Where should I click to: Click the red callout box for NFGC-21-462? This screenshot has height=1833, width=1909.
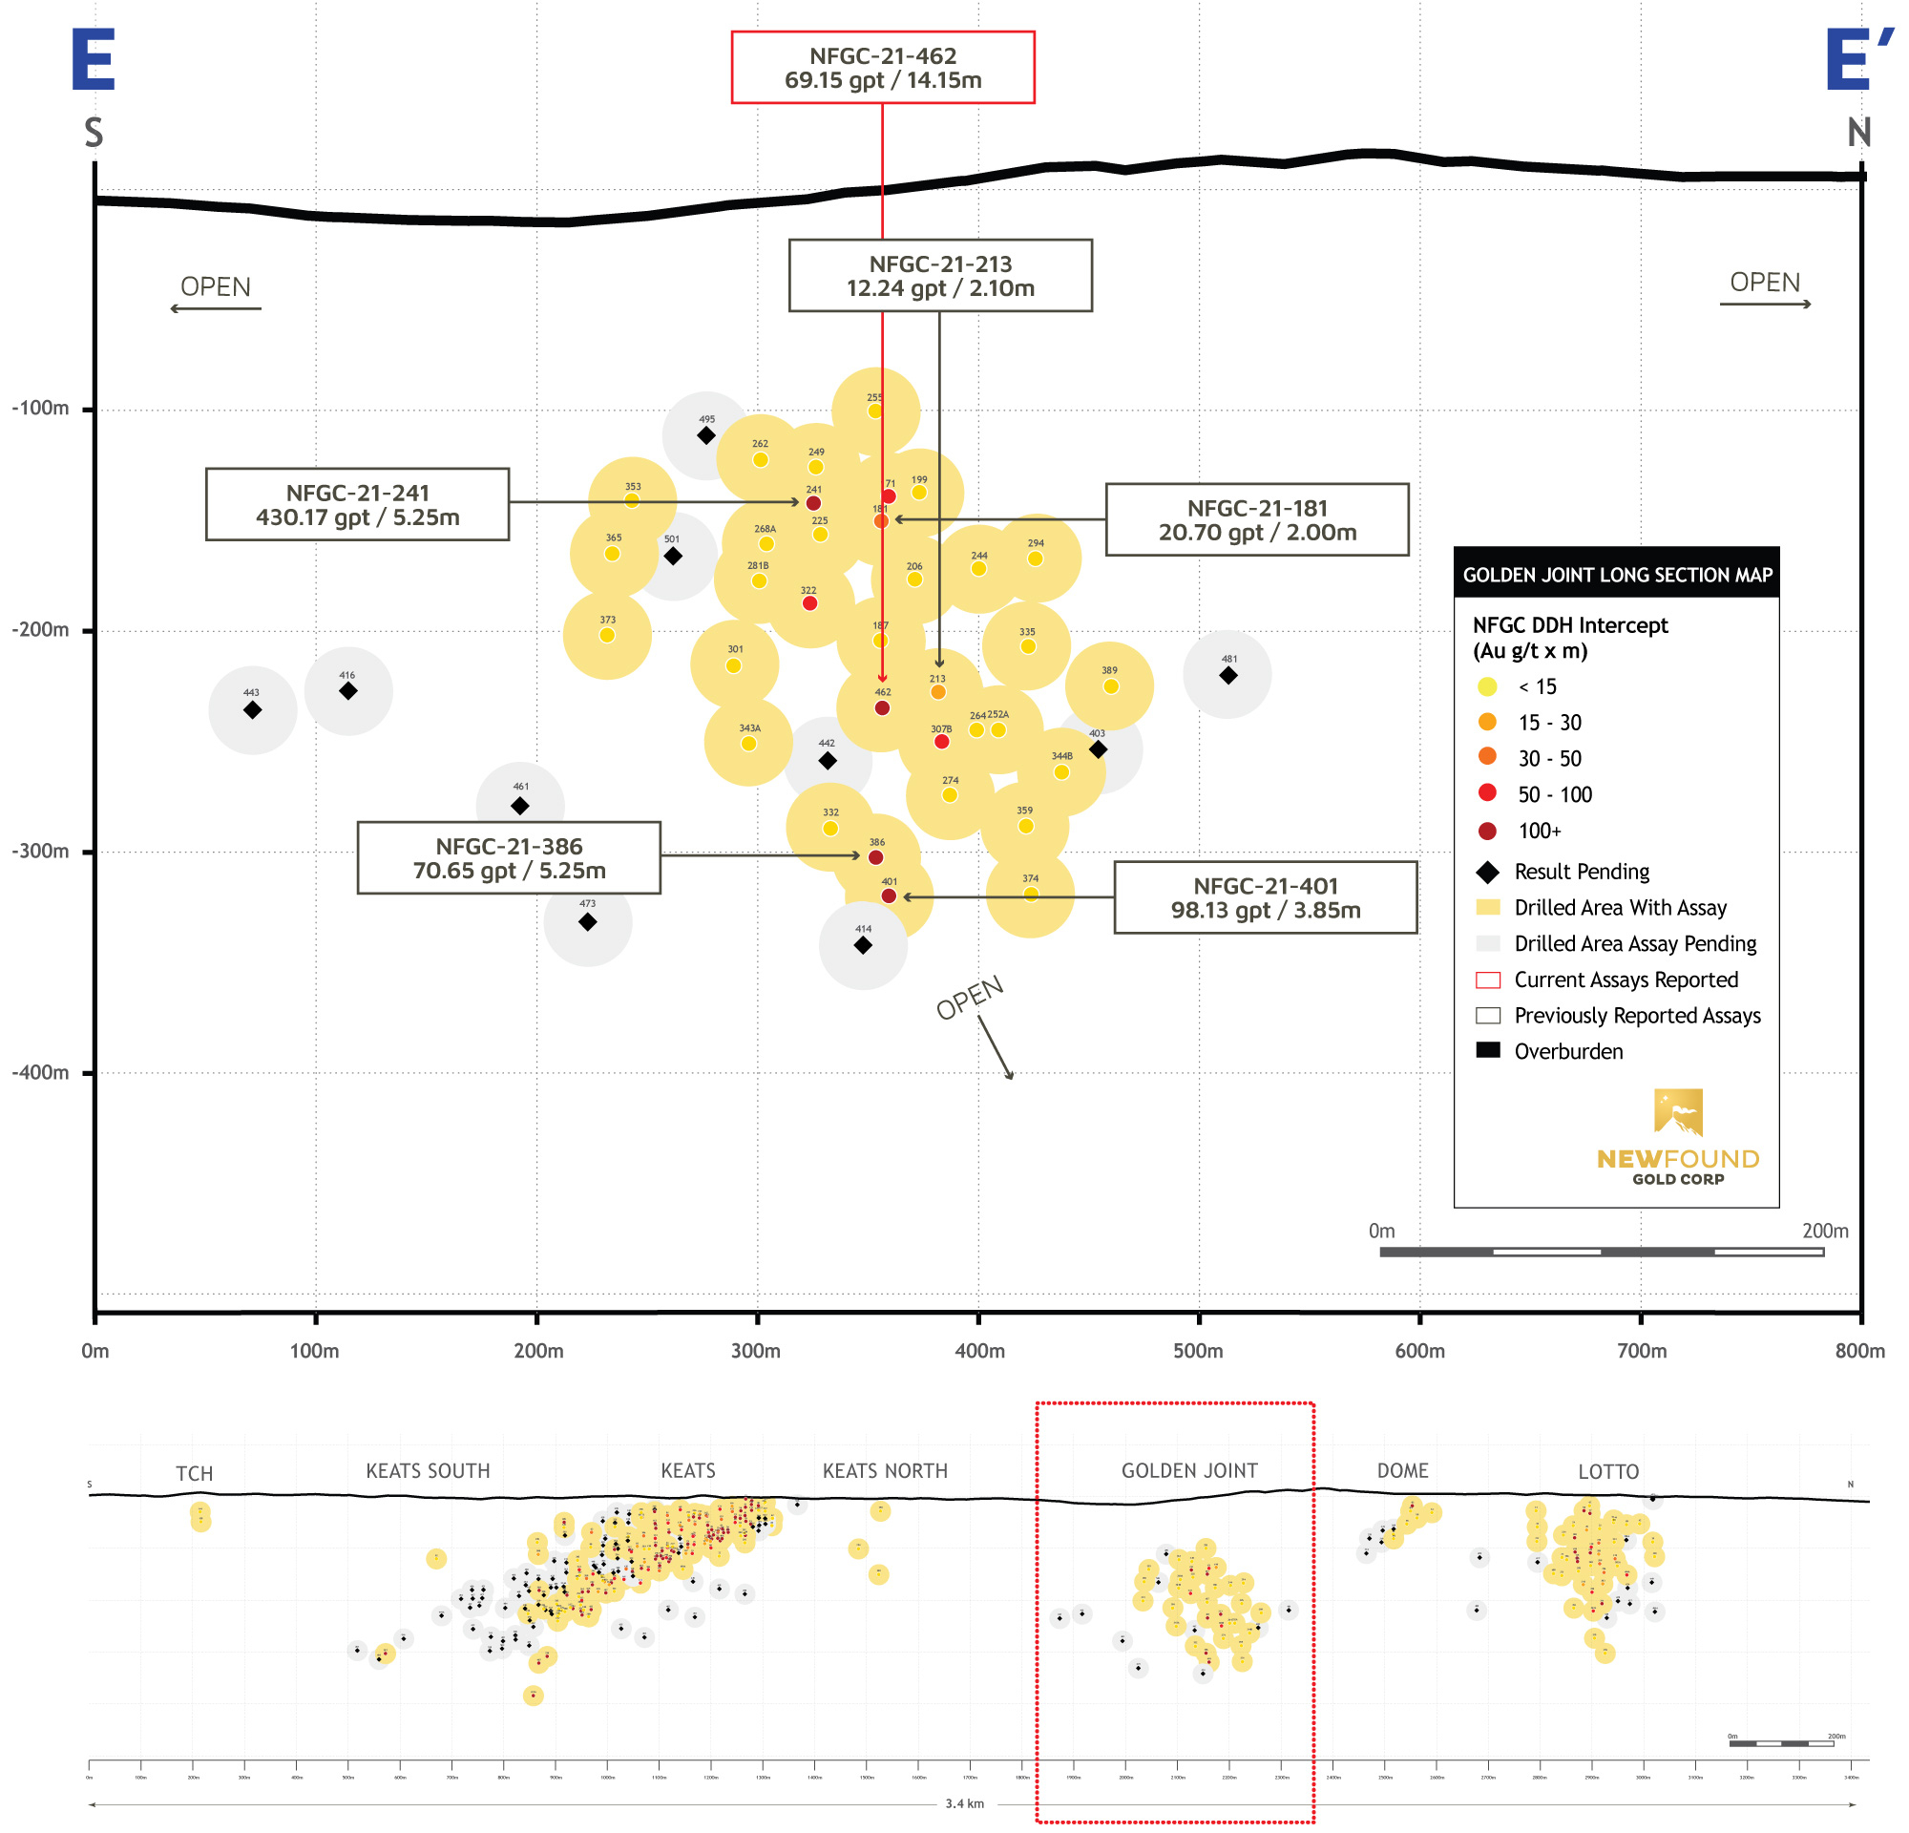[882, 67]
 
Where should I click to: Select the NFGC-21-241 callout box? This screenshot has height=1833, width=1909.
[357, 504]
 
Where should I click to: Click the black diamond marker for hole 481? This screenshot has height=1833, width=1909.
[1228, 675]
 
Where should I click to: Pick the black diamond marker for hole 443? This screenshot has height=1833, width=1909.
[252, 710]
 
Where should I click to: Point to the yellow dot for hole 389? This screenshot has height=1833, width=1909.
[1110, 686]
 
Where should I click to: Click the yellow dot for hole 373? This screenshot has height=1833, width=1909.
[607, 636]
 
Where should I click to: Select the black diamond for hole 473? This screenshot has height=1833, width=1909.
[587, 922]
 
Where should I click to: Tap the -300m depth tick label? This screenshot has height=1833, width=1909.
[41, 852]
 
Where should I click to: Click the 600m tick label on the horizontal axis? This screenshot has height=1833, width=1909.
[1419, 1351]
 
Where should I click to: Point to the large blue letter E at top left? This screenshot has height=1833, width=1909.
[94, 60]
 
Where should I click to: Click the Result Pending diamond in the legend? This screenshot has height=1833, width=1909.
[1487, 872]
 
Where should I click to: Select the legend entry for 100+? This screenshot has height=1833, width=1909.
[1539, 831]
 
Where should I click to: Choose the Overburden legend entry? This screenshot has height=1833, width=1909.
[1568, 1051]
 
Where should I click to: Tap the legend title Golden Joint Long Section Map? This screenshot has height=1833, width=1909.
[1617, 575]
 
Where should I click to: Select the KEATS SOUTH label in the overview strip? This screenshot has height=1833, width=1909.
[428, 1470]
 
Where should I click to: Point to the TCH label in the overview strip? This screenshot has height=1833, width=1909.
[194, 1474]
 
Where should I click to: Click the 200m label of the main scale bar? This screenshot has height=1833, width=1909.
[1824, 1232]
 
